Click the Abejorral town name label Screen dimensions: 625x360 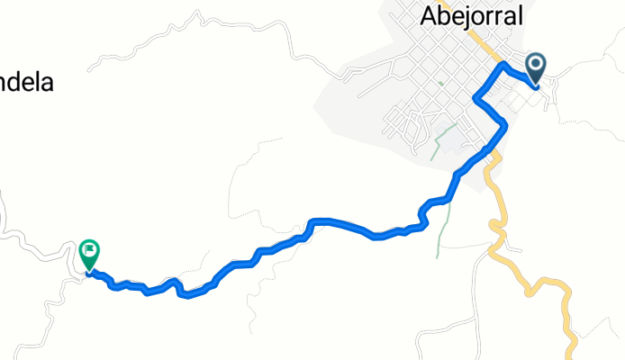[471, 16]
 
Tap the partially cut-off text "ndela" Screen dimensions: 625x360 [27, 83]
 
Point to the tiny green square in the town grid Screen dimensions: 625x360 [440, 84]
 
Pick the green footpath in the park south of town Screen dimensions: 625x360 [440, 140]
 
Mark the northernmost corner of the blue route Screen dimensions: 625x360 [503, 67]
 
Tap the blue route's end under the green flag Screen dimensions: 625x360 [89, 272]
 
